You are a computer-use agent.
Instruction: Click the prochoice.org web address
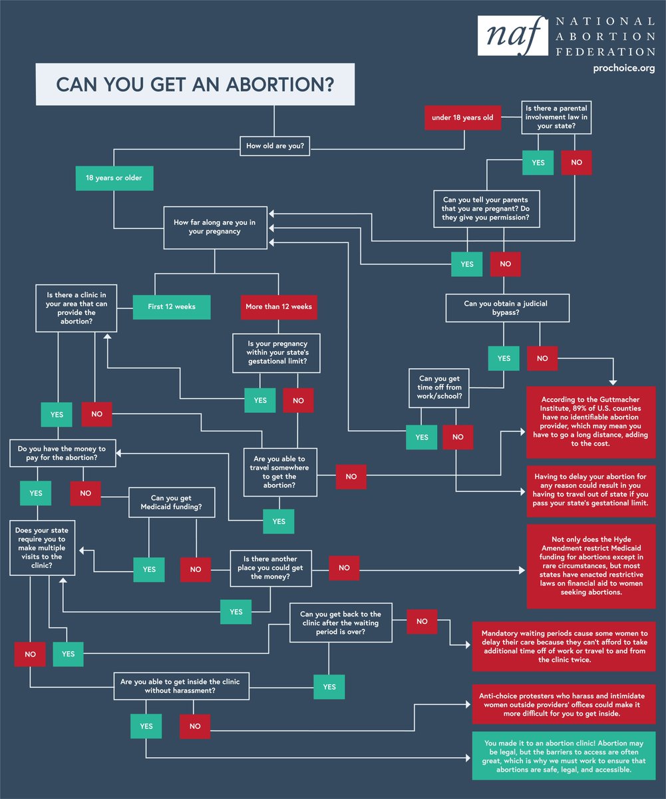coord(623,68)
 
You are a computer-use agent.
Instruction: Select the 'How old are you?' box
coord(275,146)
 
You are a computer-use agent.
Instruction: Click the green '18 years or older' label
coord(114,178)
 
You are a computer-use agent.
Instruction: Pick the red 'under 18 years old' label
coord(462,117)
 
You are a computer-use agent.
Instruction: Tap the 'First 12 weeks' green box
coord(172,307)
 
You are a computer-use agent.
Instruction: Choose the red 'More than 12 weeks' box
coord(279,307)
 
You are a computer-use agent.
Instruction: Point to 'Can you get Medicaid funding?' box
coord(172,503)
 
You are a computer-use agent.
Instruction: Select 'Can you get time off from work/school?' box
coord(440,388)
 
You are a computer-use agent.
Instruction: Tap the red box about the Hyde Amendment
coord(591,566)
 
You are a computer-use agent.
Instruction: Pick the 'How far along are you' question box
coord(214,227)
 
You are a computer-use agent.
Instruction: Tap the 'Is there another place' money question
coord(270,568)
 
